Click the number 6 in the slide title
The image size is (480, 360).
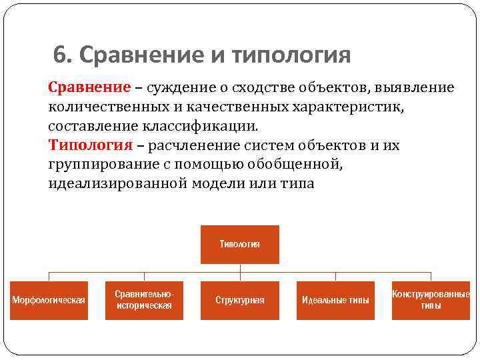[60, 55]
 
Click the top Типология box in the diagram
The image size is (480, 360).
[240, 245]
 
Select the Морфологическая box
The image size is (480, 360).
[49, 300]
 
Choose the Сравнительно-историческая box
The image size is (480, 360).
[144, 300]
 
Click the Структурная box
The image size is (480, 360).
[240, 300]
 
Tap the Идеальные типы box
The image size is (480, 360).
[335, 300]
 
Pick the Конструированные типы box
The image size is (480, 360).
[431, 300]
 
